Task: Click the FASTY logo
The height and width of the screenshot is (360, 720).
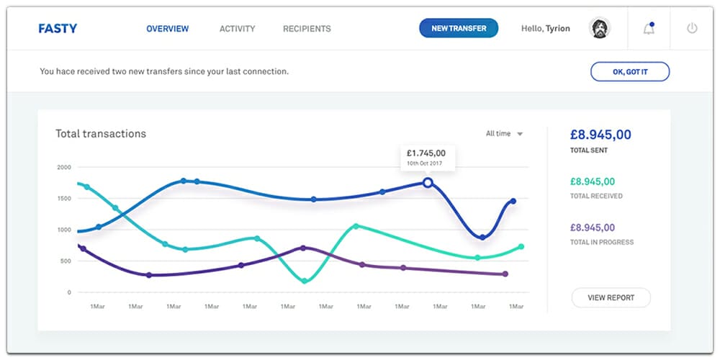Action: [58, 29]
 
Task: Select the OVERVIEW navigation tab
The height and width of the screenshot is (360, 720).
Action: [167, 29]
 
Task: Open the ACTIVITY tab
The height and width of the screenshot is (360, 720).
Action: [237, 29]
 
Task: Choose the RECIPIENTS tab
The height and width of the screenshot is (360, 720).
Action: [307, 29]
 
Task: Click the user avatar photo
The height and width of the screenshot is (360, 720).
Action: [599, 29]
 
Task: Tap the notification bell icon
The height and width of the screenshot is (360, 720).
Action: [649, 29]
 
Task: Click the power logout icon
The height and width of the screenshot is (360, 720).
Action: [692, 29]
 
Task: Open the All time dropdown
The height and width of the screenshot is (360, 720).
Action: [504, 133]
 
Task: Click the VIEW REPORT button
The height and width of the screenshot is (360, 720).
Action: [611, 297]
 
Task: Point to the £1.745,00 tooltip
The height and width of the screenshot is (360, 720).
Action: [426, 157]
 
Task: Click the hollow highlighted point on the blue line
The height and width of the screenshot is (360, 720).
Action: [428, 183]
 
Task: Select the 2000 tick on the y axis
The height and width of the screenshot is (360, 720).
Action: [64, 167]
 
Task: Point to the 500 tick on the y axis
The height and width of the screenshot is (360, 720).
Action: [66, 261]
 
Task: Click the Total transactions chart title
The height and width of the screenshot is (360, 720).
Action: [101, 133]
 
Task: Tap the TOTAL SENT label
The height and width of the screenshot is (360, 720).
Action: [588, 150]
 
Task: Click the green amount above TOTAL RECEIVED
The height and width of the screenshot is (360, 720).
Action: [592, 182]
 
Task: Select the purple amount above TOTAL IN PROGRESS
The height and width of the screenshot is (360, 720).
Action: [592, 228]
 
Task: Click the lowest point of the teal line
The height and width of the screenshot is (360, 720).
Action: [305, 280]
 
